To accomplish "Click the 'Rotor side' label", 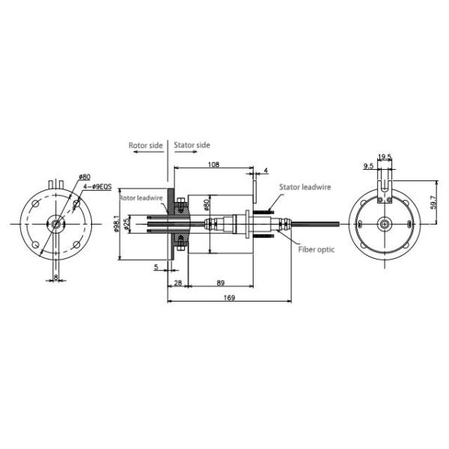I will pos(145,144).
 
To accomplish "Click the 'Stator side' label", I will pos(192,144).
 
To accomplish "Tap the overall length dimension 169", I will pos(229,298).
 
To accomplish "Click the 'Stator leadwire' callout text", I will pos(305,187).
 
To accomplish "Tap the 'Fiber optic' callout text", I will pos(316,249).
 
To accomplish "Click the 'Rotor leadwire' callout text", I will pos(141,198).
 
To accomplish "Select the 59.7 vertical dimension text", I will pos(438,202).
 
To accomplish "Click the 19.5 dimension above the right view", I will pos(385,157).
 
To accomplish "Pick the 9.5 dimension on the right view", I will pos(369,165).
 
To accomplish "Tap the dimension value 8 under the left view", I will pos(58,278).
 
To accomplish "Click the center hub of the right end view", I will pos(384,224).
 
